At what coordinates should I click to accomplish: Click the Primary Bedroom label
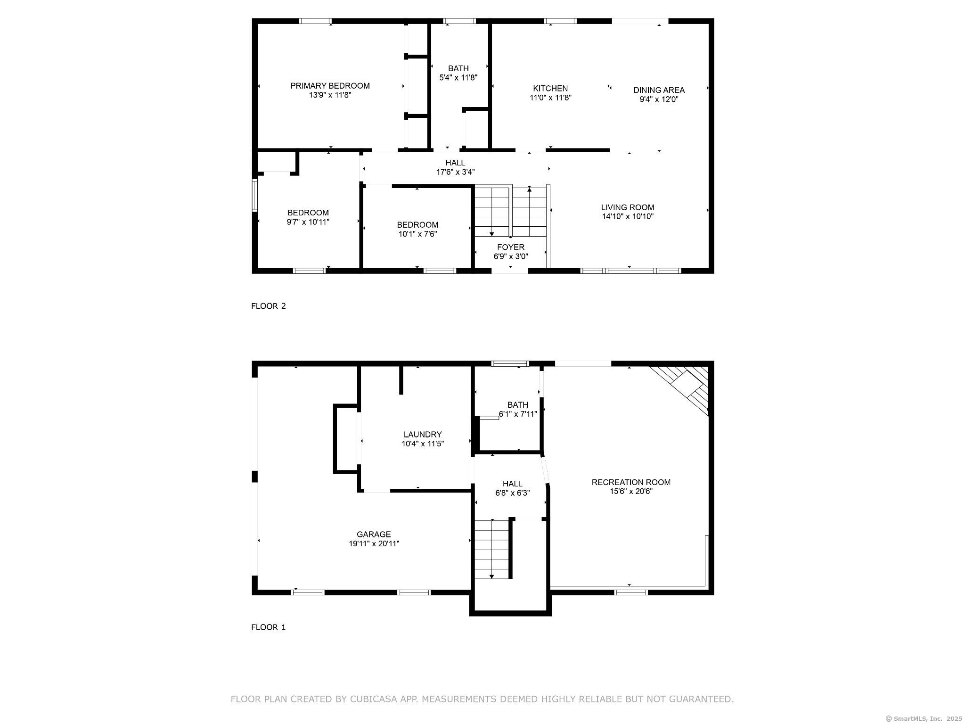pos(330,86)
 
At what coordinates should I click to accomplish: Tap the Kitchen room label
pos(550,89)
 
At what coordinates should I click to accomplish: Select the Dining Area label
pos(659,90)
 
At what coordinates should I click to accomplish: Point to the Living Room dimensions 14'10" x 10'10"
pos(628,217)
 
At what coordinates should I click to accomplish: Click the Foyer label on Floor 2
pos(511,247)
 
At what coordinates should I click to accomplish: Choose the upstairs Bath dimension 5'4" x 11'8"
pos(458,78)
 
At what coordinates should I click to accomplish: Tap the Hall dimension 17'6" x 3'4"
pos(455,173)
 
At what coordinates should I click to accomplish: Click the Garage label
pos(374,535)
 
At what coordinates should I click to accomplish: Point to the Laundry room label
pos(423,435)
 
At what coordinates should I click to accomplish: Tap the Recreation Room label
pos(631,482)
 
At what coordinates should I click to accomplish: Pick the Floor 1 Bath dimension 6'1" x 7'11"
pos(518,414)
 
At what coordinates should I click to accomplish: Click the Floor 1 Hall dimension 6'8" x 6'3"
pos(513,494)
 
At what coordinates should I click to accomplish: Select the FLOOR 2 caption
pos(269,306)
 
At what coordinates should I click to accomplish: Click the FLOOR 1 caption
pos(269,627)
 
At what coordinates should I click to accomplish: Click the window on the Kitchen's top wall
pos(560,21)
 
